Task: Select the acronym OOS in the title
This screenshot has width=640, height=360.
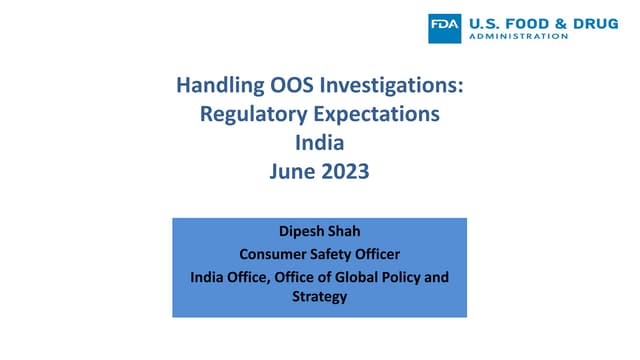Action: [x=285, y=87]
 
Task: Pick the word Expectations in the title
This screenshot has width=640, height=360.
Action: [x=373, y=115]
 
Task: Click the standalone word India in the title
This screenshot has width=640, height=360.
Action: [x=319, y=143]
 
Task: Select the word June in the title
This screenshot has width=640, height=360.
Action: [x=291, y=171]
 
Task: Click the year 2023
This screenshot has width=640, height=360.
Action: [x=345, y=171]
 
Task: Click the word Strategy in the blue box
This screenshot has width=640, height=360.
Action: [x=319, y=297]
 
